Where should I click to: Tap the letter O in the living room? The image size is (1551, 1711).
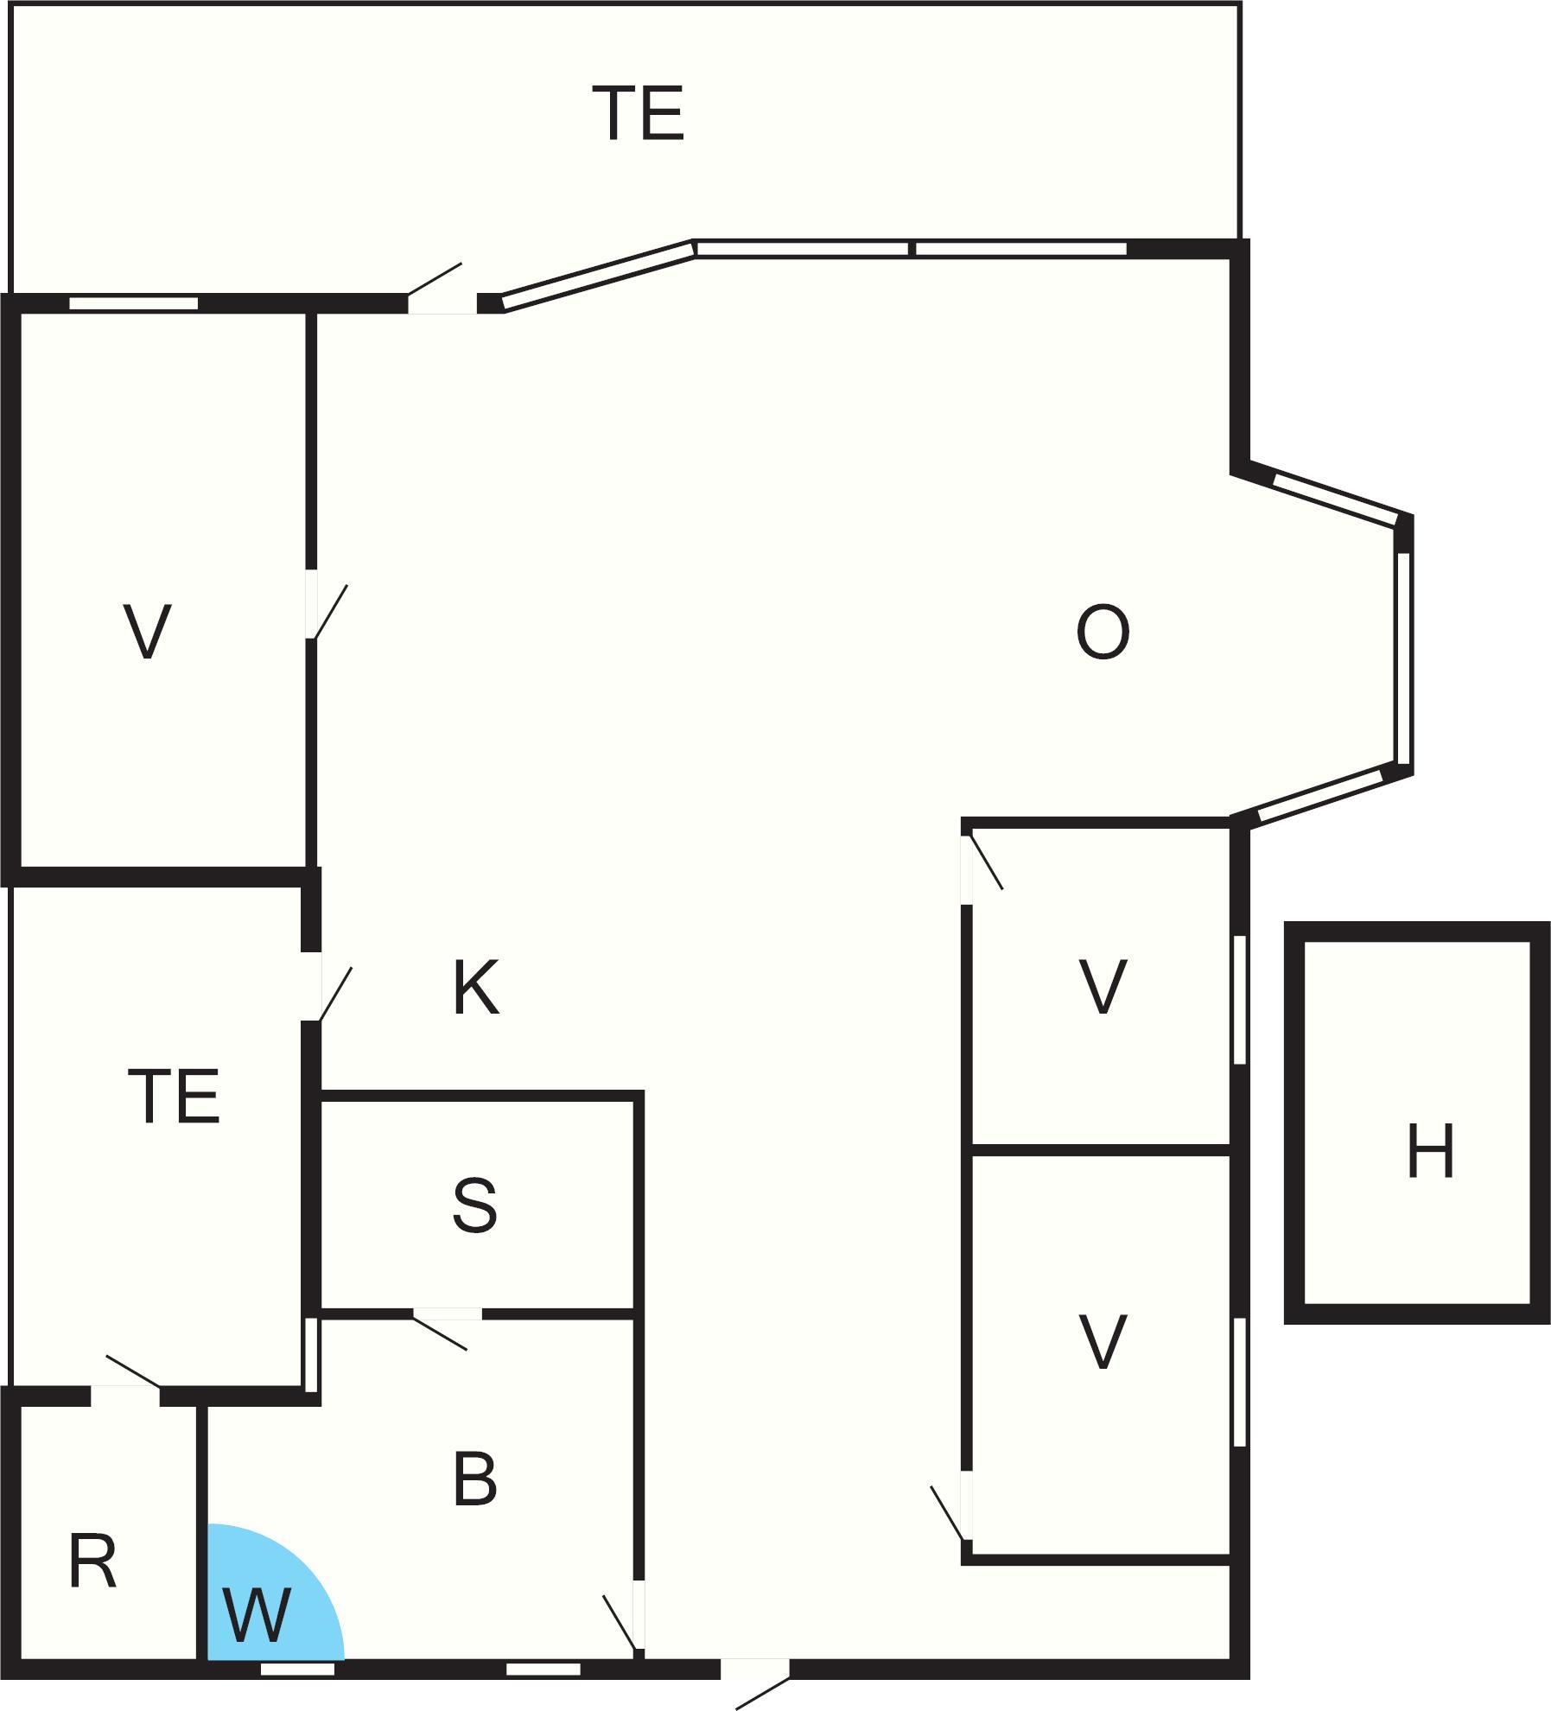coord(1103,633)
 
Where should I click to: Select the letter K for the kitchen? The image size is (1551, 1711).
coord(475,989)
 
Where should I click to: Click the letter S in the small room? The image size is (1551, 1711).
coord(474,1205)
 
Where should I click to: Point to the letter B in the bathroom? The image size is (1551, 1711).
coord(474,1479)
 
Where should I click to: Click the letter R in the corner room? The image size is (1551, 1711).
coord(92,1561)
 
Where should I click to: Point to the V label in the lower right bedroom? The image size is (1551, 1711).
coord(1103,1341)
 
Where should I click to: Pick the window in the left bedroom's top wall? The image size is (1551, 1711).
coord(133,303)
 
